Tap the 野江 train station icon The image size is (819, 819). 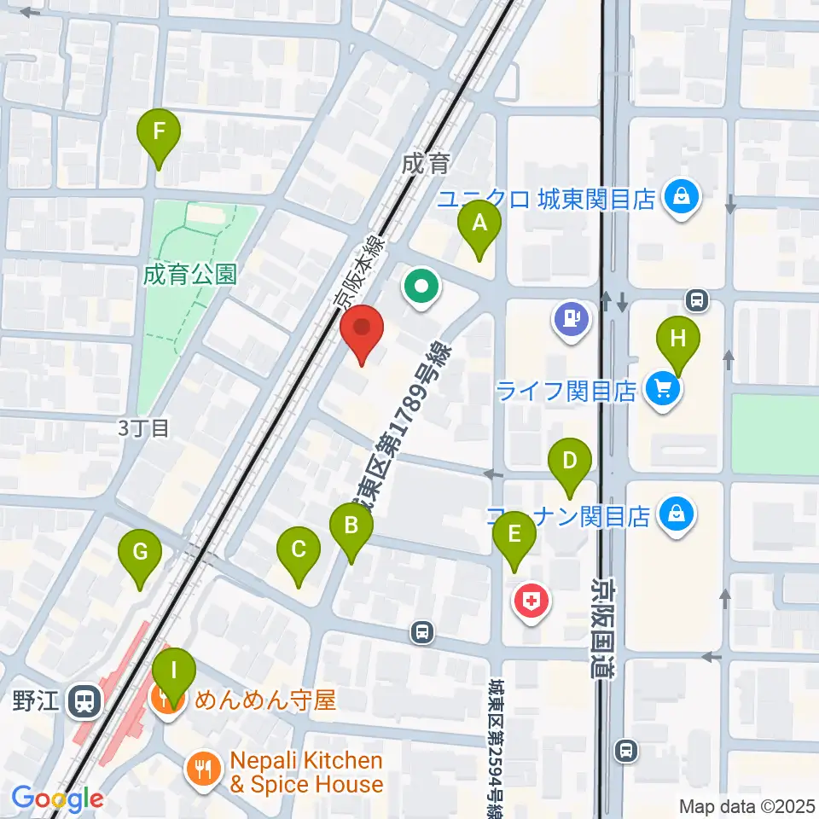pyautogui.click(x=84, y=701)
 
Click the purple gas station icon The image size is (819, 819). pyautogui.click(x=571, y=319)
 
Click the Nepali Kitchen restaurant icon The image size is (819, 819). pyautogui.click(x=202, y=771)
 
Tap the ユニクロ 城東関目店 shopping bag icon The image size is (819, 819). pyautogui.click(x=682, y=199)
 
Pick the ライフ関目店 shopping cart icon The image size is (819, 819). pyautogui.click(x=663, y=391)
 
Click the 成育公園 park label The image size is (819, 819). pyautogui.click(x=189, y=275)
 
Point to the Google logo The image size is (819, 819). pyautogui.click(x=57, y=799)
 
